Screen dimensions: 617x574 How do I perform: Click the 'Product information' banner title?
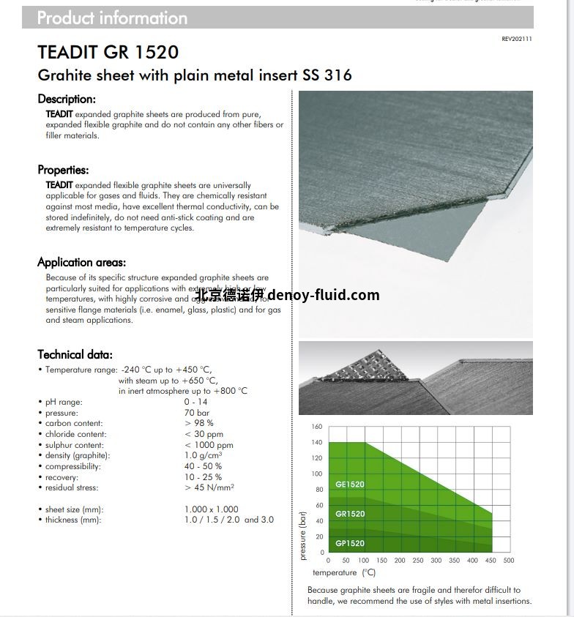click(112, 18)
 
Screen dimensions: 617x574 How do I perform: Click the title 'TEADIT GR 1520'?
click(108, 53)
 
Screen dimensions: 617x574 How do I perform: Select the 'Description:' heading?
click(67, 99)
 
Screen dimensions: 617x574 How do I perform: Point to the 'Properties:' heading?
click(64, 170)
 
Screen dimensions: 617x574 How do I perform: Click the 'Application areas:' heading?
click(82, 262)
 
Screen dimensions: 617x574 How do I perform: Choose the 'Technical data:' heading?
click(75, 354)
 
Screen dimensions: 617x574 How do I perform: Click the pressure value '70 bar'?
click(197, 413)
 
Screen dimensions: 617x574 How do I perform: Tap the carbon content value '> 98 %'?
click(199, 423)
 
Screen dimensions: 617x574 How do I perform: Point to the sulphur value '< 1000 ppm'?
click(209, 445)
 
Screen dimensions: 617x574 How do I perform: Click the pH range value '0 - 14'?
click(196, 402)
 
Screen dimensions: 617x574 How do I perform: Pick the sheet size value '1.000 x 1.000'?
click(212, 509)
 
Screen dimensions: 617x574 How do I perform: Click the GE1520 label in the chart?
click(350, 485)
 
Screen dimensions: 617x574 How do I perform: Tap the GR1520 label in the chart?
click(350, 514)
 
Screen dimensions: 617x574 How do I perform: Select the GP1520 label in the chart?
click(350, 543)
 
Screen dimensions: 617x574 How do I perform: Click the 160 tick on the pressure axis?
click(317, 427)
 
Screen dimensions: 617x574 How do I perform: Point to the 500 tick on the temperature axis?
click(509, 561)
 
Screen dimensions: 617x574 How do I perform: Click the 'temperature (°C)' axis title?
click(344, 572)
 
